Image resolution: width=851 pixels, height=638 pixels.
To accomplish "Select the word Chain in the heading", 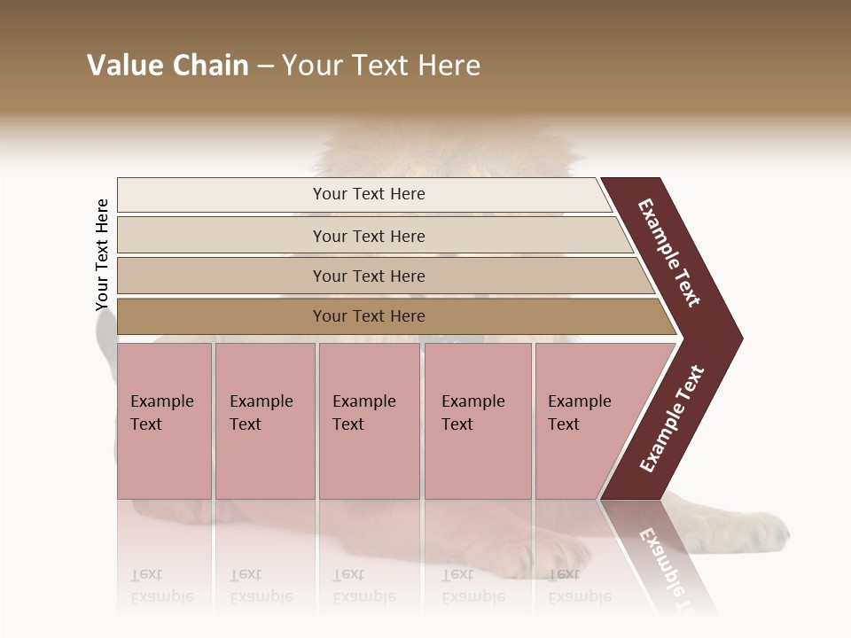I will pos(210,66).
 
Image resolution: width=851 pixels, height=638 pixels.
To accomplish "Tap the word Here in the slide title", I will pos(449,66).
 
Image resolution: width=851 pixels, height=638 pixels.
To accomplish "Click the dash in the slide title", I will pos(265,66).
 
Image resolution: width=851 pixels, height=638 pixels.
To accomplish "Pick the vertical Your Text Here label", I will pos(102,254).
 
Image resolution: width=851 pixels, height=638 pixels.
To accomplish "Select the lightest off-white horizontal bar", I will pos(363,195).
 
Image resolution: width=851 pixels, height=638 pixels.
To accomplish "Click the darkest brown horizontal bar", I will pos(390,316).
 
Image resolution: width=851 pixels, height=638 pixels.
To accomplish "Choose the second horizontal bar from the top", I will pos(372,236).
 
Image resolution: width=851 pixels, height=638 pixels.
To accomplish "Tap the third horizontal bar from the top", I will pos(381,276).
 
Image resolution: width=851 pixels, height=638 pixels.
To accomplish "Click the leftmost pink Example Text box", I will pos(164,421).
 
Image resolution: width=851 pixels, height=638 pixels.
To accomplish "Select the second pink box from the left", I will pos(265,421).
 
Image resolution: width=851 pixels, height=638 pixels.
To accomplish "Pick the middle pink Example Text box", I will pos(369,421).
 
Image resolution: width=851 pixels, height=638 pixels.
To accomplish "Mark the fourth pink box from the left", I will pos(478,421).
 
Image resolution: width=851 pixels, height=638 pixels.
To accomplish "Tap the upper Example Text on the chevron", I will pos(670,252).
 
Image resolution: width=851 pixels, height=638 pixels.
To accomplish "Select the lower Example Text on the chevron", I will pos(672,419).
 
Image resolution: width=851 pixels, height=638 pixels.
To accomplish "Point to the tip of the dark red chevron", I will pos(739,338).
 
